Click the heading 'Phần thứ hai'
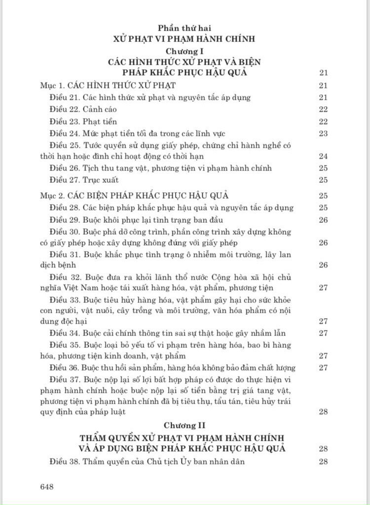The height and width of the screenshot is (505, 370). tap(185, 28)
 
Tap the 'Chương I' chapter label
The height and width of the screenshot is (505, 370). tap(185, 51)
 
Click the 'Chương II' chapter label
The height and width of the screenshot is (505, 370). tap(185, 425)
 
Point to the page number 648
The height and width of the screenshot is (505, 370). tap(47, 486)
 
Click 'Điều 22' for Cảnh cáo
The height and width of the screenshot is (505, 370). tap(64, 109)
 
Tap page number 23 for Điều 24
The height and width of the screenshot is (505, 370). tap(324, 133)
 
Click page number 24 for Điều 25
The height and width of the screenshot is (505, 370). tap(324, 157)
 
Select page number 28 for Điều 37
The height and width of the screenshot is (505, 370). tap(324, 411)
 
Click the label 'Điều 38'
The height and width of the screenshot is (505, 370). tap(64, 462)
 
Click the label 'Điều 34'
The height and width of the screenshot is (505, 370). tap(64, 333)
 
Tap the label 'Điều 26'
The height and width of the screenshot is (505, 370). tap(64, 168)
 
